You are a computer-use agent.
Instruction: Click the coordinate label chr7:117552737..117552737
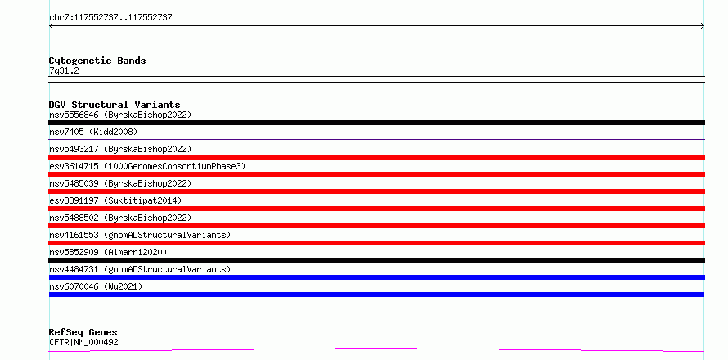point(110,18)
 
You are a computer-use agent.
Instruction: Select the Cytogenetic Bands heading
point(97,61)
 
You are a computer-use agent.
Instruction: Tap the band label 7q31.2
point(64,71)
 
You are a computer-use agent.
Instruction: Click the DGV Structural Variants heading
point(115,105)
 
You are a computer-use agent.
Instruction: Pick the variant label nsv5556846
point(74,115)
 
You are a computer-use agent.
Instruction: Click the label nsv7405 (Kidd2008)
point(93,132)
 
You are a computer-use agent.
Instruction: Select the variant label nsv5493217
point(74,149)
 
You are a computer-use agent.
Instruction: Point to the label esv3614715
point(74,166)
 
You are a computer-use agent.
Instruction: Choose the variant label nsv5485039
point(74,183)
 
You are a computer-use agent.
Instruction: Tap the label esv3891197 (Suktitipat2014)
point(115,200)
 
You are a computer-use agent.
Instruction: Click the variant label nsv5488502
point(74,218)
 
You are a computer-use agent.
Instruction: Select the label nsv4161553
point(74,235)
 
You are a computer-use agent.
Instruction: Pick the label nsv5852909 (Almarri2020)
point(108,252)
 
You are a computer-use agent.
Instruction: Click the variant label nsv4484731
point(74,269)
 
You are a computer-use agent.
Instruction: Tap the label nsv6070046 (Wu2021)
point(96,286)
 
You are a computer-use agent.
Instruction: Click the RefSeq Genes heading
point(83,333)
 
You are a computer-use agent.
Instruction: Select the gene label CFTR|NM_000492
point(83,342)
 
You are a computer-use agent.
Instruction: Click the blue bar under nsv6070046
point(376,295)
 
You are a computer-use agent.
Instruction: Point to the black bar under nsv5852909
point(376,260)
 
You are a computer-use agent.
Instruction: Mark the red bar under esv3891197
point(376,209)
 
